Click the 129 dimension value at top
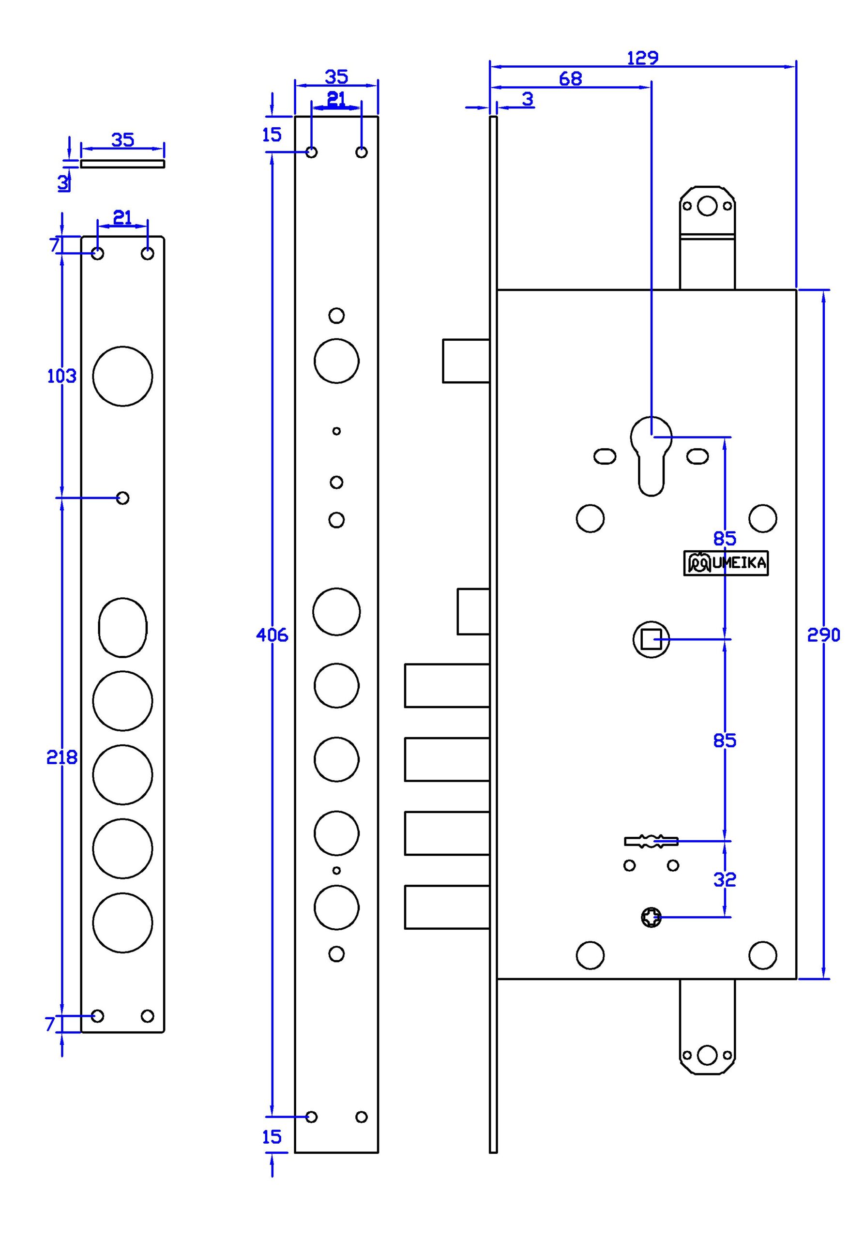(642, 58)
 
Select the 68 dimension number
(570, 79)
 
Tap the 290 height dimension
(823, 635)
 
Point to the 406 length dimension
(272, 635)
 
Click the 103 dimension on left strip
(62, 376)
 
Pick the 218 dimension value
(62, 757)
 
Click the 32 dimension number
(725, 880)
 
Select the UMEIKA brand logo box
(726, 563)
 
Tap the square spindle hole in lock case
(652, 639)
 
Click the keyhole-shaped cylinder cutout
(652, 456)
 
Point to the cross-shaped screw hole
(652, 917)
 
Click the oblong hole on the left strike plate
(122, 628)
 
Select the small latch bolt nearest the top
(466, 361)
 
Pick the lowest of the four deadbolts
(447, 907)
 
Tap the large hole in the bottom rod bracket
(707, 1056)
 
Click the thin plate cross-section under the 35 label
(122, 164)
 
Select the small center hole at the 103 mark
(122, 498)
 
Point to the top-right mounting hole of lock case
(762, 518)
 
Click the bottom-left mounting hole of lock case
(591, 955)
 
